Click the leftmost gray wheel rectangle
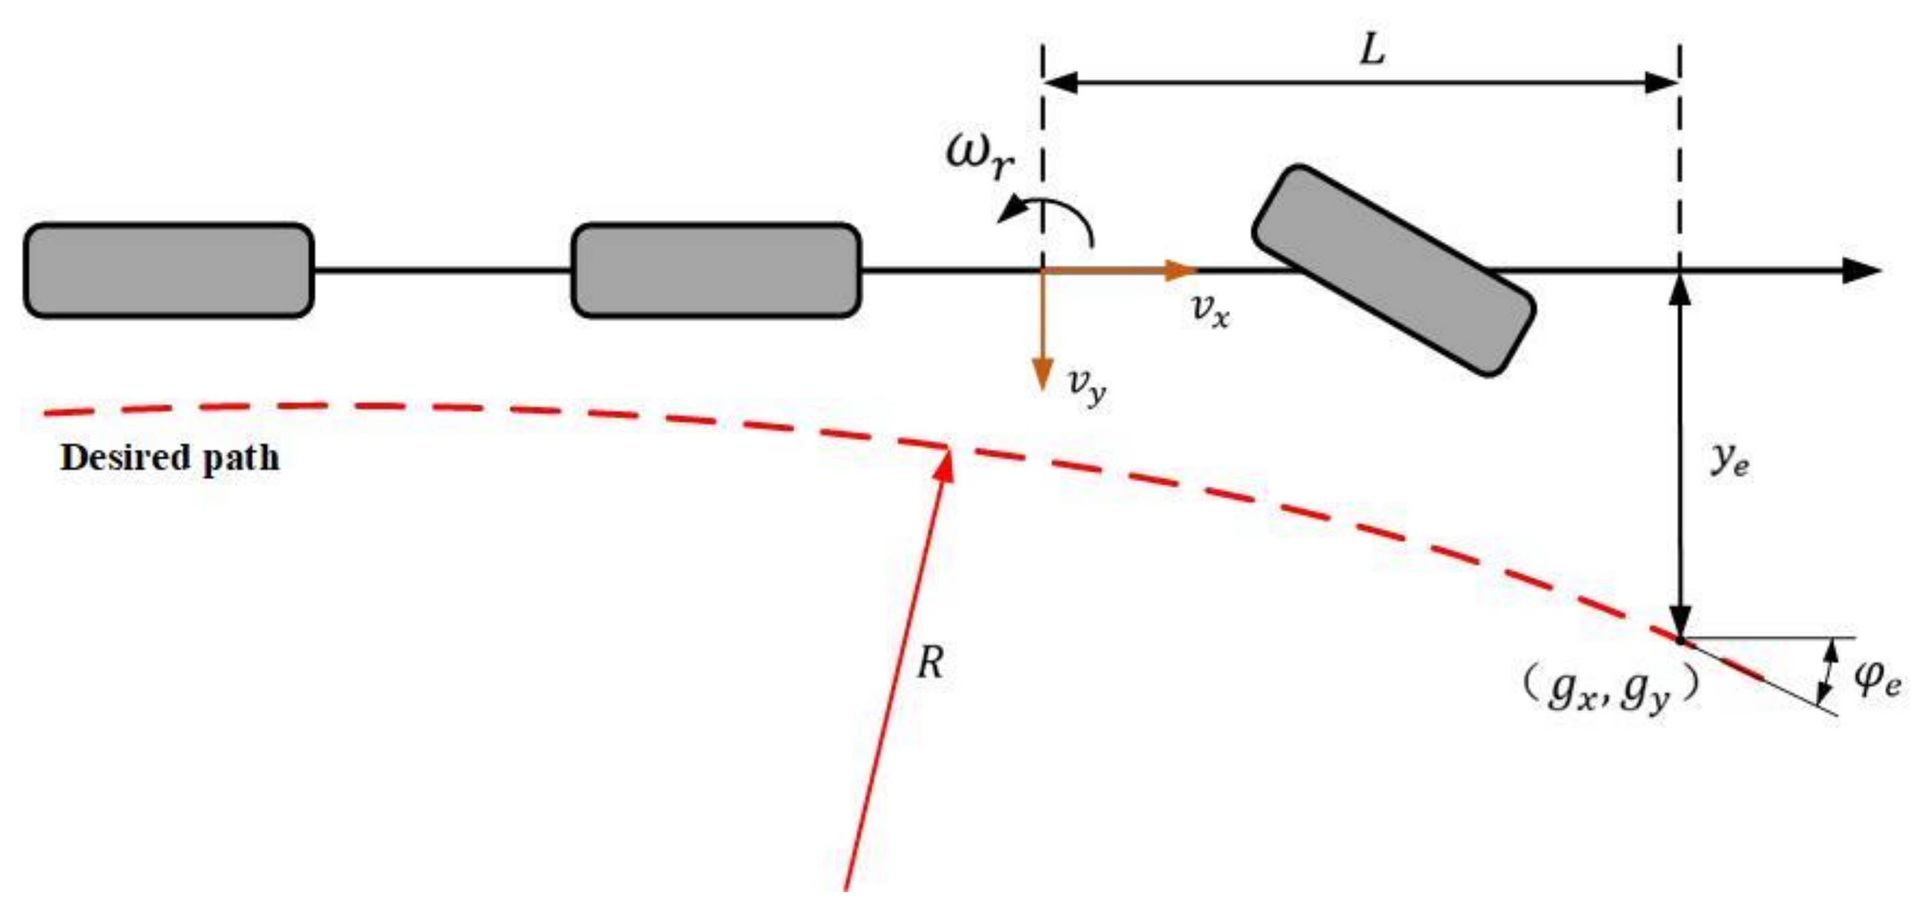[x=168, y=271]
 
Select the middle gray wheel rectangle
[x=716, y=271]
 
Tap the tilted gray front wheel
[x=1394, y=269]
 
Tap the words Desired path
[x=169, y=458]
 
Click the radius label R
[x=931, y=662]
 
